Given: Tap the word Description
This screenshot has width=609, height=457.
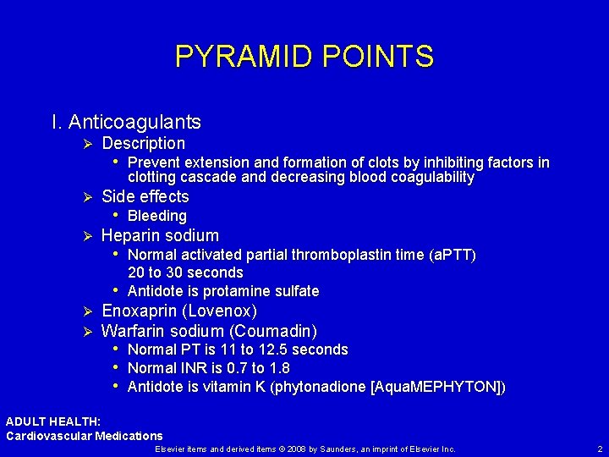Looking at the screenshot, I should [x=143, y=143].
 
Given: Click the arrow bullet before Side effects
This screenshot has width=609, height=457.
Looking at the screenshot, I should [x=86, y=197].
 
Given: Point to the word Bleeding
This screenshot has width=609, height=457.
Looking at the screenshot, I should [x=156, y=216].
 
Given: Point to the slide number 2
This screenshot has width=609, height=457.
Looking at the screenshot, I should [x=599, y=448].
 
